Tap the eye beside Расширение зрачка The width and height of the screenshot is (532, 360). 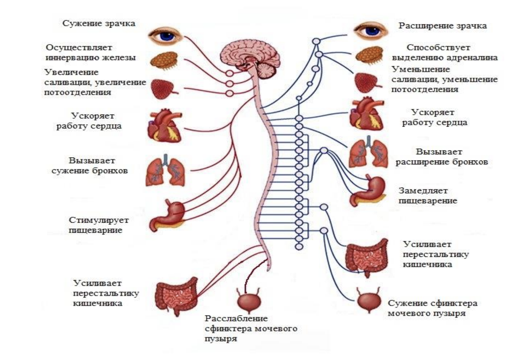371,31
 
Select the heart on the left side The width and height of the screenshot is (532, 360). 165,127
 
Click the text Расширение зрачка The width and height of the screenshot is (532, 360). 442,26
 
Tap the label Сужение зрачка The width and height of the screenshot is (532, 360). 99,23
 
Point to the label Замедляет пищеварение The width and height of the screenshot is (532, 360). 428,196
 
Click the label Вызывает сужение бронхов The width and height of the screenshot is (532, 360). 90,165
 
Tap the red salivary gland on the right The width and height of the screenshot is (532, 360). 366,83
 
